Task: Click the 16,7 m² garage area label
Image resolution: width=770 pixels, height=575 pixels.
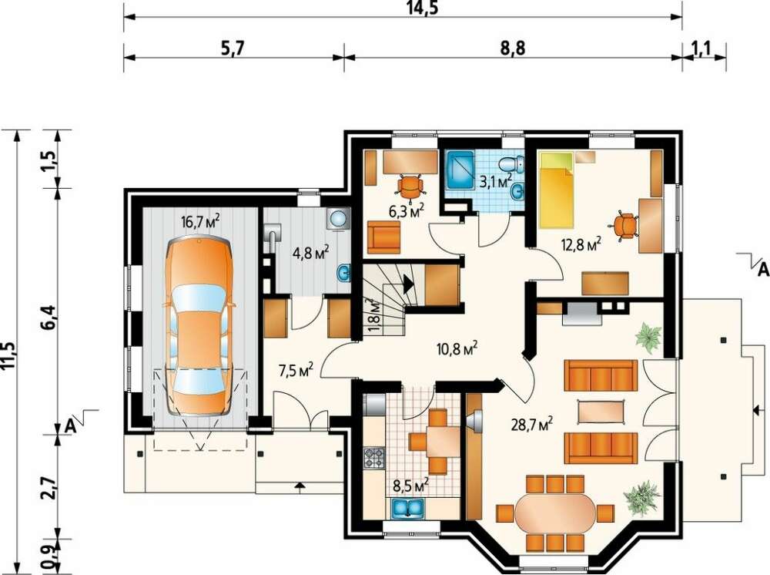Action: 200,222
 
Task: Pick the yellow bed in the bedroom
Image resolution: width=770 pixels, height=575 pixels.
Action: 557,190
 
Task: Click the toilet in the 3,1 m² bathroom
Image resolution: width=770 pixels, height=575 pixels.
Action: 511,162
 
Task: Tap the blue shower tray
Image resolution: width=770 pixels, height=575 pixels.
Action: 460,170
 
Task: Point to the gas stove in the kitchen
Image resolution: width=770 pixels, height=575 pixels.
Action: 374,458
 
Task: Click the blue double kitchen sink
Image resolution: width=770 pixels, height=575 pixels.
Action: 407,508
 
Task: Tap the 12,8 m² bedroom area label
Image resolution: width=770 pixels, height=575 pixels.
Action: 581,244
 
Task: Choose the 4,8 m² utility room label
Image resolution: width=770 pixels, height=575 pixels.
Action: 311,254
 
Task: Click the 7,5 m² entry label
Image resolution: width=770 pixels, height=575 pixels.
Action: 296,371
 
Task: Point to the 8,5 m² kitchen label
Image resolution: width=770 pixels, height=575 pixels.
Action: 411,486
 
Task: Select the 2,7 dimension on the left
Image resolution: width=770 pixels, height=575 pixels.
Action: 50,484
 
